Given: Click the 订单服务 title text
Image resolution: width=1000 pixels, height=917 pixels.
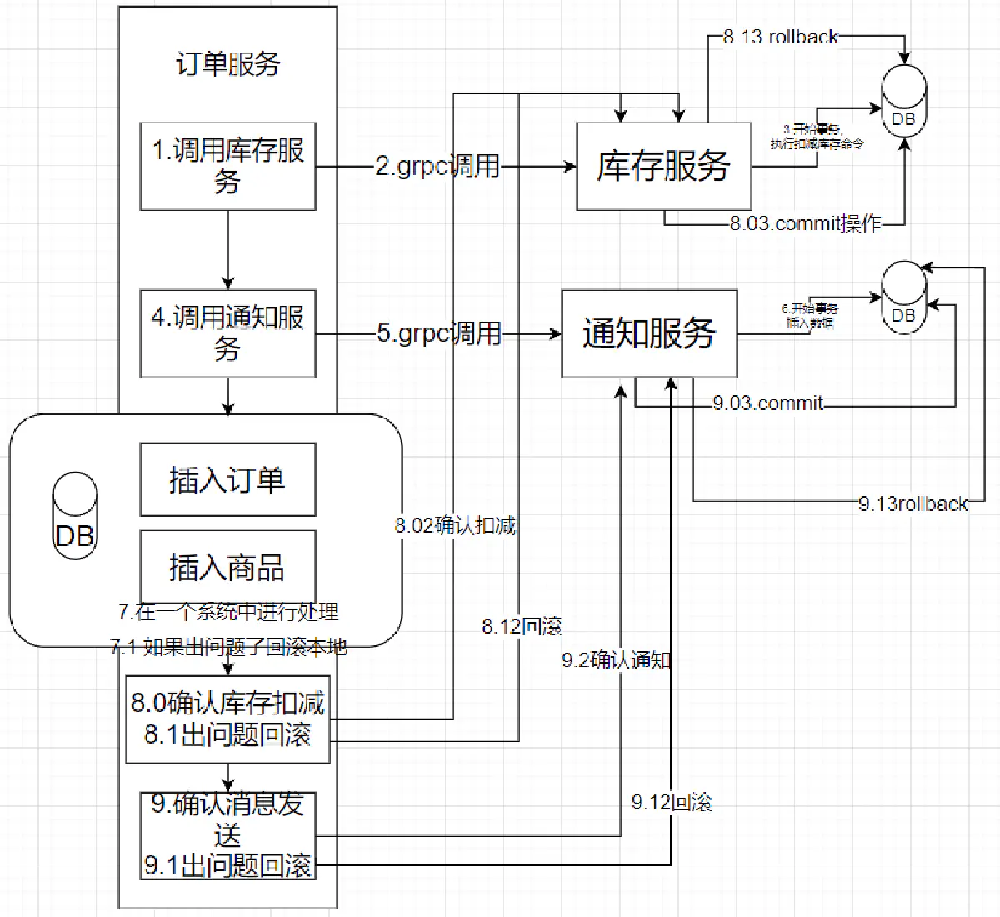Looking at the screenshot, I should (227, 64).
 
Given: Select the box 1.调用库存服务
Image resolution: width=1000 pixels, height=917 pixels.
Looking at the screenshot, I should (227, 166).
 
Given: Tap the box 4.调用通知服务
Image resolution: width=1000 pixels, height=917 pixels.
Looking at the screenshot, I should (227, 333).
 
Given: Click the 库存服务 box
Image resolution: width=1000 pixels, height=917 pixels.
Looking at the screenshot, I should (663, 166).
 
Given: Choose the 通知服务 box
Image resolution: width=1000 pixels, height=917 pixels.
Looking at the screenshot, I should (649, 333).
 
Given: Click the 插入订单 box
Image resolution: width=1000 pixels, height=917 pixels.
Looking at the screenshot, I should (227, 480).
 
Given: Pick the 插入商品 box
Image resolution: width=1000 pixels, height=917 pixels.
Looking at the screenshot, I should (227, 567).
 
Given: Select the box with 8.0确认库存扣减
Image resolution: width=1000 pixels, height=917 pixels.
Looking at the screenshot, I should (227, 719).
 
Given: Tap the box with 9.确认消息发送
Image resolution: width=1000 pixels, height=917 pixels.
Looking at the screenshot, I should (227, 834).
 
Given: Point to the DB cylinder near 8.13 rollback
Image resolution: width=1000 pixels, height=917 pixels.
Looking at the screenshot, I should (903, 101).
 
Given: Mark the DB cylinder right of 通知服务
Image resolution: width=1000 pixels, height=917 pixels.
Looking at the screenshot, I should (903, 298).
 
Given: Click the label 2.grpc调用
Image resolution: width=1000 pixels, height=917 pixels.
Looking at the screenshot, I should (437, 166).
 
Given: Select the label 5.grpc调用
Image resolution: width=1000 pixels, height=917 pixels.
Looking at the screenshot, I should (439, 333).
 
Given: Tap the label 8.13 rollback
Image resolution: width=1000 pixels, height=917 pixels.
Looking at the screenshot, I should (781, 37).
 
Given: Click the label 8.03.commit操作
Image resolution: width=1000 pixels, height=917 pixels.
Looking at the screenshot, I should (805, 223).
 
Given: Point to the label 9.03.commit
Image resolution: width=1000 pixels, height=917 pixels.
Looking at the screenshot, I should (767, 403).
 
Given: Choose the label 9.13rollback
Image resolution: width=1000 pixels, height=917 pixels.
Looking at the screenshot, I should (913, 504).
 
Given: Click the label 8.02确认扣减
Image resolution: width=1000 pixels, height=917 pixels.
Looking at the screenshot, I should (455, 525).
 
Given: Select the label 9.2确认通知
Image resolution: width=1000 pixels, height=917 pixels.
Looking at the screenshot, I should (617, 660).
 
